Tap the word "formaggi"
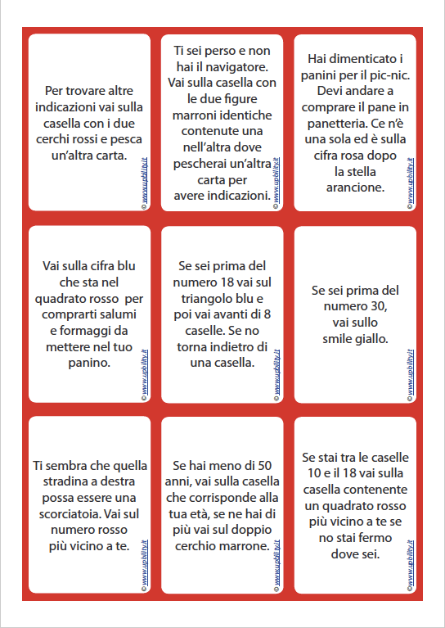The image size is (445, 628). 92,331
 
